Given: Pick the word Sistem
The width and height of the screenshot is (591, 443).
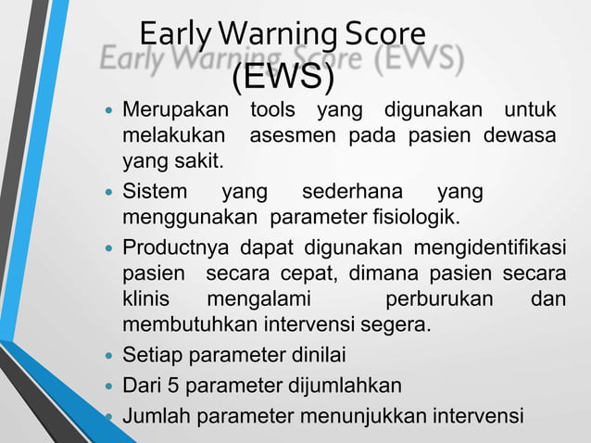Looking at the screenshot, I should click(154, 193).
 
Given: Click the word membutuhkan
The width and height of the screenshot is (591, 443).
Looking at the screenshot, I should click(184, 326).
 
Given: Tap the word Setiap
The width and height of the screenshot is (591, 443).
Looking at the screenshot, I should click(153, 356).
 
